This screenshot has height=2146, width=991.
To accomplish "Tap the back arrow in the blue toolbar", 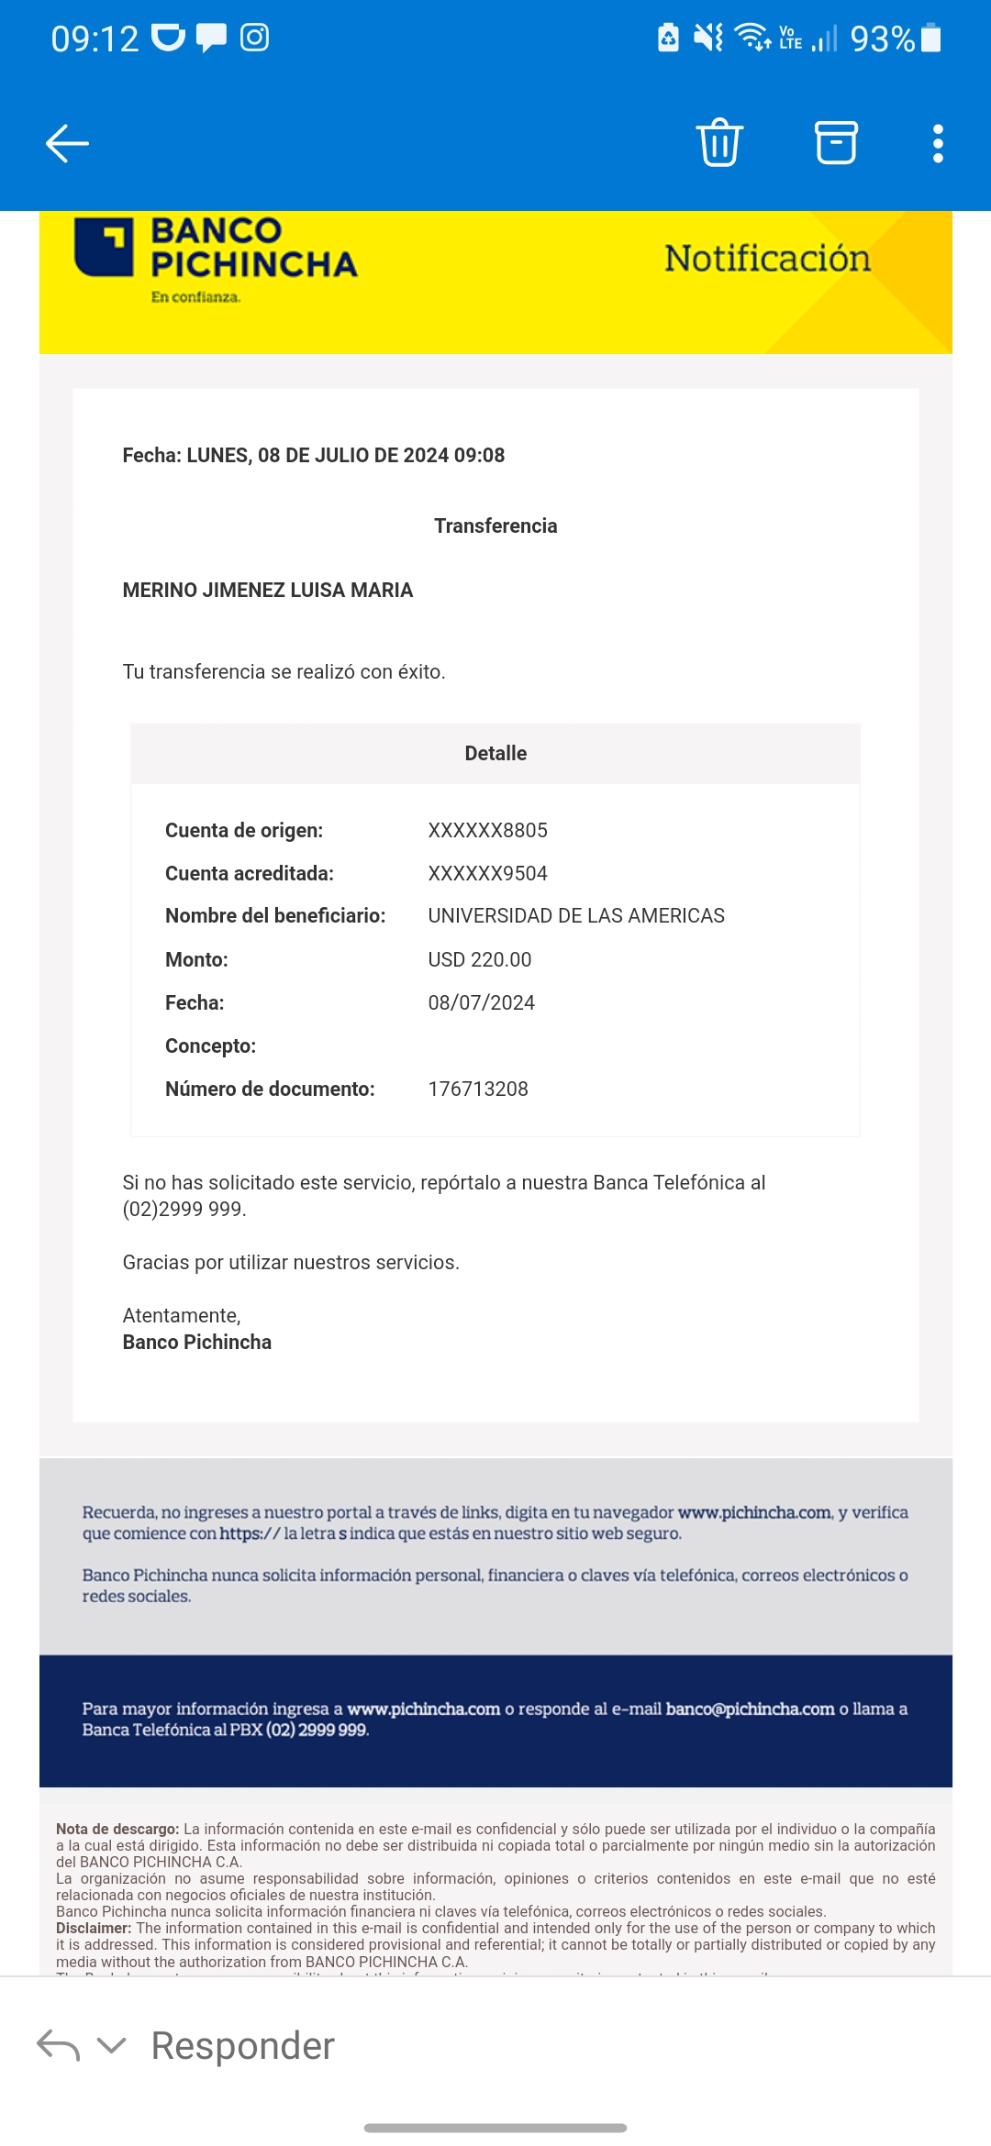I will pyautogui.click(x=67, y=144).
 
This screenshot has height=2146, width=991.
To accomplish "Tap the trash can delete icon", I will pyautogui.click(x=719, y=143).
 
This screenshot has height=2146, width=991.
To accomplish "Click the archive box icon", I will pyautogui.click(x=836, y=143).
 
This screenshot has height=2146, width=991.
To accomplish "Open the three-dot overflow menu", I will pyautogui.click(x=938, y=144).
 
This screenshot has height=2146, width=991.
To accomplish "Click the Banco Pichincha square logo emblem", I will pyautogui.click(x=104, y=247).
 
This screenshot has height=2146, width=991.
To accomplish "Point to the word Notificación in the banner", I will pyautogui.click(x=767, y=259).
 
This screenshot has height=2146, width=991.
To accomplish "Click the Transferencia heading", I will pyautogui.click(x=495, y=525).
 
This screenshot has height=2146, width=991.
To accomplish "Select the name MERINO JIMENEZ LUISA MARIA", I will pyautogui.click(x=268, y=590).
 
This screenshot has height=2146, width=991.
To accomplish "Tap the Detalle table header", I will pyautogui.click(x=495, y=753).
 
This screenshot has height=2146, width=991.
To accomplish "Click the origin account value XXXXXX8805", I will pyautogui.click(x=487, y=830).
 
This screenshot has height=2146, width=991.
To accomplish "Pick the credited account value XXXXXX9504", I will pyautogui.click(x=487, y=873).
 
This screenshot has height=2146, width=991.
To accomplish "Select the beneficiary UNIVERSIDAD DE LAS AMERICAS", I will pyautogui.click(x=576, y=915).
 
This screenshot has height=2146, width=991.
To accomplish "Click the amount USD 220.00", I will pyautogui.click(x=480, y=959).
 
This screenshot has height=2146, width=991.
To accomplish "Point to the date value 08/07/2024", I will pyautogui.click(x=481, y=1002).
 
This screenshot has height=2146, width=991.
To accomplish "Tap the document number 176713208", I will pyautogui.click(x=478, y=1089).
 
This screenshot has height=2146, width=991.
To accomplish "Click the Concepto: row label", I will pyautogui.click(x=210, y=1045).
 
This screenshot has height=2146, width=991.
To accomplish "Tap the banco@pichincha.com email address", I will pyautogui.click(x=750, y=1709).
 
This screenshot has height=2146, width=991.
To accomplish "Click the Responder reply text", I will pyautogui.click(x=243, y=2045).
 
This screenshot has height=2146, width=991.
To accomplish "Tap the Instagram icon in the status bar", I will pyautogui.click(x=254, y=38).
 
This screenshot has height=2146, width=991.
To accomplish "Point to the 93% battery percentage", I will pyautogui.click(x=882, y=39).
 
